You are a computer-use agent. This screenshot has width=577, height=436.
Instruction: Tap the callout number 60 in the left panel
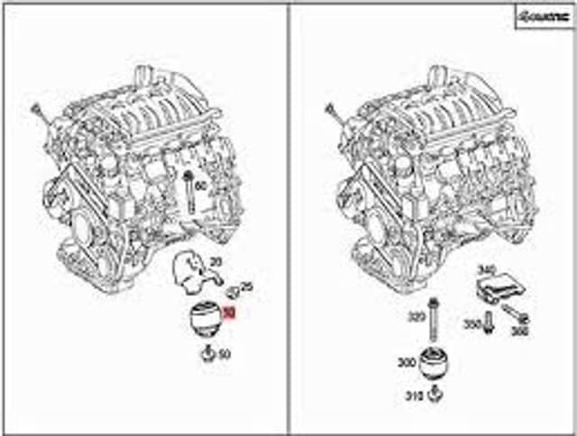(x=200, y=186)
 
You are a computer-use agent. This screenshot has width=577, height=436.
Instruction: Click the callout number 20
(x=215, y=261)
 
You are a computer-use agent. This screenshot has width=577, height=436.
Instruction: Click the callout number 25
(x=247, y=287)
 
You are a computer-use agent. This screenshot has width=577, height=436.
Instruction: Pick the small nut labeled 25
(x=232, y=290)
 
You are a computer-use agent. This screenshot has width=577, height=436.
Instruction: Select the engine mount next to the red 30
(x=202, y=320)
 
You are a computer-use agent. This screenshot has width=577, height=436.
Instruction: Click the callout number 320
(x=417, y=318)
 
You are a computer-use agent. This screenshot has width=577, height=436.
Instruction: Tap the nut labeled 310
(x=437, y=394)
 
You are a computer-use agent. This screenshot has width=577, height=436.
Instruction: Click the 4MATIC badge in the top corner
(x=542, y=16)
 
